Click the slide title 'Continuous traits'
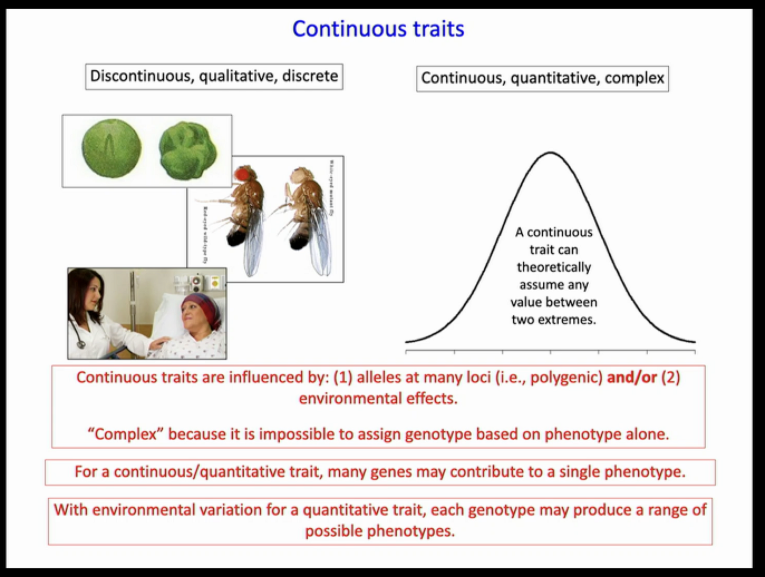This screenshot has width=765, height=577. [x=378, y=29]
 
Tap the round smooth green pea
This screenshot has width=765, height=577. [x=111, y=148]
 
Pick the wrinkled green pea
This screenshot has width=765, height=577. [x=188, y=151]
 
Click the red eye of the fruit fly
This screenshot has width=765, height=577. [x=243, y=172]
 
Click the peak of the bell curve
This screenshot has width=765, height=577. [x=551, y=152]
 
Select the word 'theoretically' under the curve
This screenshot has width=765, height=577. [x=553, y=268]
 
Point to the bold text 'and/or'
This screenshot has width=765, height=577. [x=631, y=378]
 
